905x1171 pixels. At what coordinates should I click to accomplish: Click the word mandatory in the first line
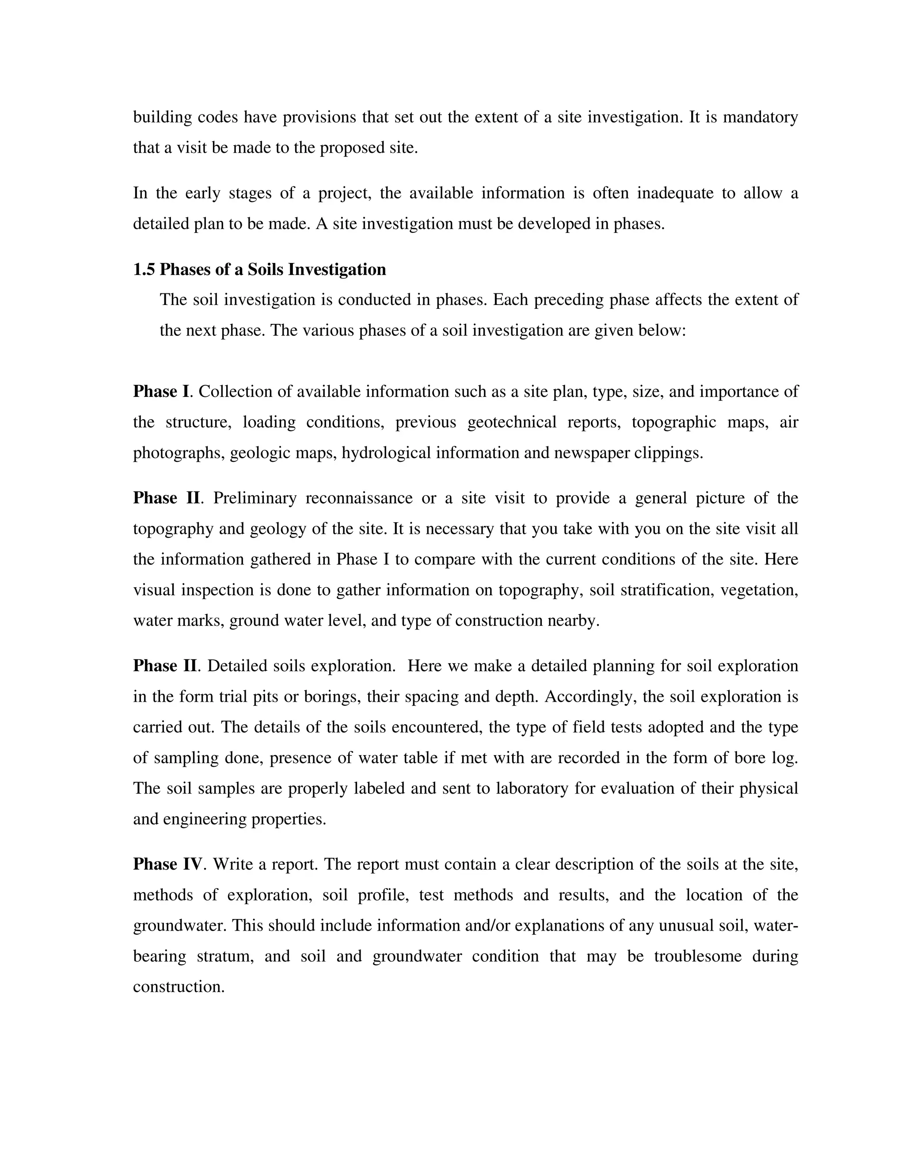point(760,117)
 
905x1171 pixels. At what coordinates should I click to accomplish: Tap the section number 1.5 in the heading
point(144,269)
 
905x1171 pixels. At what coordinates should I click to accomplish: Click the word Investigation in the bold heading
point(337,269)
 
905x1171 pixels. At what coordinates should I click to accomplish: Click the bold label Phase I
point(161,392)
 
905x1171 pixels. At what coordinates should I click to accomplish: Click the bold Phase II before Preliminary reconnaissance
point(166,498)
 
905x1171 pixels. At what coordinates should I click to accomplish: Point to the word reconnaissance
point(359,498)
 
